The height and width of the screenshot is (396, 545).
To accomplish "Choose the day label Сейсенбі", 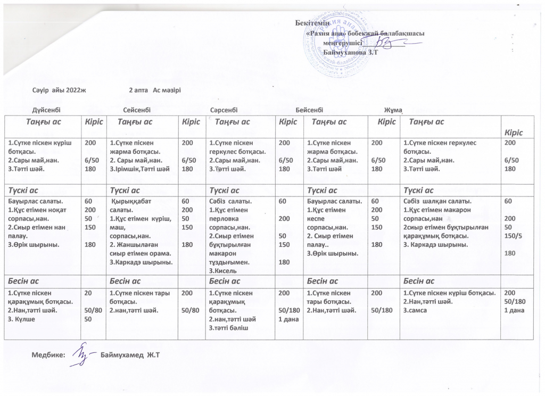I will pyautogui.click(x=137, y=109).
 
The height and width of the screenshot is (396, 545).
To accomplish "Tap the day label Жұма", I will pyautogui.click(x=393, y=110).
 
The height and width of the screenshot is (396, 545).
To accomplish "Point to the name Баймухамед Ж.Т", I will pyautogui.click(x=130, y=355).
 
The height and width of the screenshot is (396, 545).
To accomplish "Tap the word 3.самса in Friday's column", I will pyautogui.click(x=416, y=310).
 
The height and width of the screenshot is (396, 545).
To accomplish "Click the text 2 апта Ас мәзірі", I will pyautogui.click(x=155, y=89).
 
